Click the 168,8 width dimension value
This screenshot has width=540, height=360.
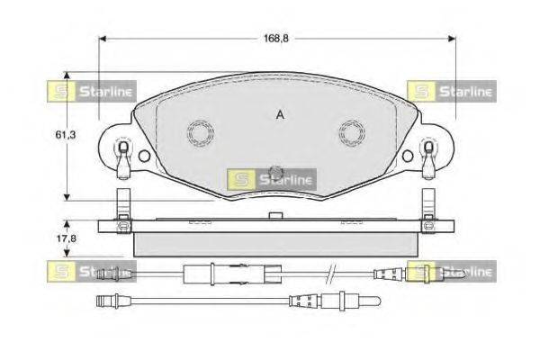pyautogui.click(x=275, y=39)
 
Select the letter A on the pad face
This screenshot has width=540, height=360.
pyautogui.click(x=281, y=114)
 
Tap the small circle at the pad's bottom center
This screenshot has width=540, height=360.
pyautogui.click(x=276, y=171)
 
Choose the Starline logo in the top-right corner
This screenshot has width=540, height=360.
pyautogui.click(x=451, y=90)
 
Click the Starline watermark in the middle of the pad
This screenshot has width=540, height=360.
pyautogui.click(x=271, y=179)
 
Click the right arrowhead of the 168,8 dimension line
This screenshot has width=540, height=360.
pyautogui.click(x=451, y=39)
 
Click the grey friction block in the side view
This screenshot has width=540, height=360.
pyautogui.click(x=275, y=243)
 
